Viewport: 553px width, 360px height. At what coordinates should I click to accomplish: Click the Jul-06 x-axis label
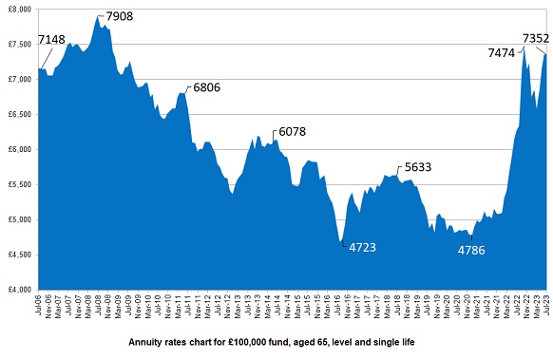pyautogui.click(x=39, y=306)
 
